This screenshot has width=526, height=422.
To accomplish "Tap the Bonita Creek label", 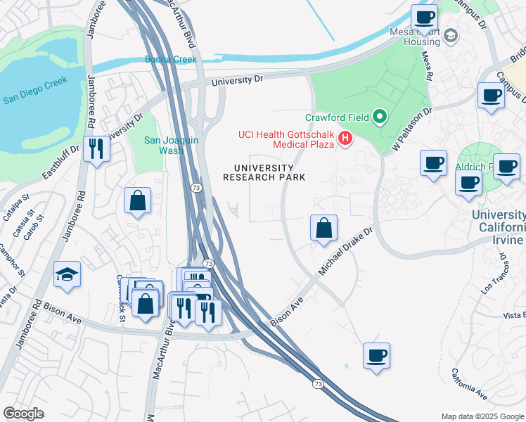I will point(171,60).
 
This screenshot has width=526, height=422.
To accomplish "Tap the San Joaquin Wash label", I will point(172,145).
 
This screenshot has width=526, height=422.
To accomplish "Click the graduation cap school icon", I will point(68,274).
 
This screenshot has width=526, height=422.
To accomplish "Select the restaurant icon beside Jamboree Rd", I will point(96,148).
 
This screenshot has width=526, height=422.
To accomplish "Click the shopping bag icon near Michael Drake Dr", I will point(323,228).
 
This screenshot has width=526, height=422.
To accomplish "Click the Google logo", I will point(23,413).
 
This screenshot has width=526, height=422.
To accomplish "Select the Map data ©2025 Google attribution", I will point(482,416).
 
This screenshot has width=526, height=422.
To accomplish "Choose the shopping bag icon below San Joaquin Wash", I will point(137,200).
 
